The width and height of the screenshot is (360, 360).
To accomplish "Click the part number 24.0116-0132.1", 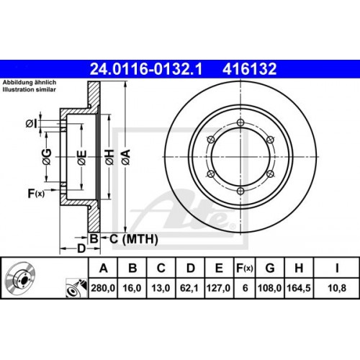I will [x=143, y=69].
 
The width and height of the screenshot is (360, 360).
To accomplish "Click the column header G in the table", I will [x=269, y=269].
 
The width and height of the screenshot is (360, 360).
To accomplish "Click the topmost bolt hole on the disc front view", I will [x=240, y=124].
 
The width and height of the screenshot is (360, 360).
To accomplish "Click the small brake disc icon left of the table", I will [x=22, y=283].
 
